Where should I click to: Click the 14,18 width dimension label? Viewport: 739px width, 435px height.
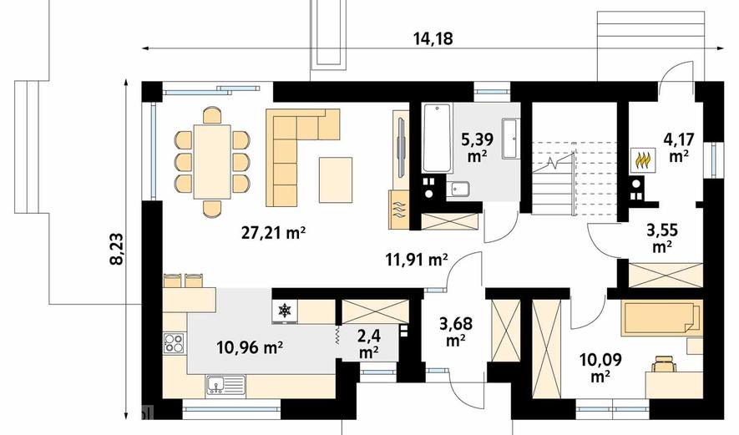433,38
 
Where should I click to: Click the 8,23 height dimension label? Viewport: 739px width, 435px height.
116,250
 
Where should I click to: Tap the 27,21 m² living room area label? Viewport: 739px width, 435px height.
274,233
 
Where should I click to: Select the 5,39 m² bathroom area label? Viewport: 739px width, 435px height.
478,148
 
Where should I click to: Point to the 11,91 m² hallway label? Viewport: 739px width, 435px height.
417,260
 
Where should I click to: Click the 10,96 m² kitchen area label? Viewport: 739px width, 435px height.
250,347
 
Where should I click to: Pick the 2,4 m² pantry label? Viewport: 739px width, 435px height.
368,344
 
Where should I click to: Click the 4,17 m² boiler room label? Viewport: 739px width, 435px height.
679,148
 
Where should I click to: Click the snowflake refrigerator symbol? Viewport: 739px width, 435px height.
284,311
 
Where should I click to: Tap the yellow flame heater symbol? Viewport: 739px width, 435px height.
644,160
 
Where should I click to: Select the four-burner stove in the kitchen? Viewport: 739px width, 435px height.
175,343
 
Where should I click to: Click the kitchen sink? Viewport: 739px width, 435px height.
225,385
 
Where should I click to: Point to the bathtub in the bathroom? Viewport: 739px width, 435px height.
438,138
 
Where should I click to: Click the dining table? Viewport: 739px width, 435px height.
212,162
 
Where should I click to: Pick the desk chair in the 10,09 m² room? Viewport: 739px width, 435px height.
664,365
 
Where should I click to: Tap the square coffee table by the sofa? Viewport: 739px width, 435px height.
336,180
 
